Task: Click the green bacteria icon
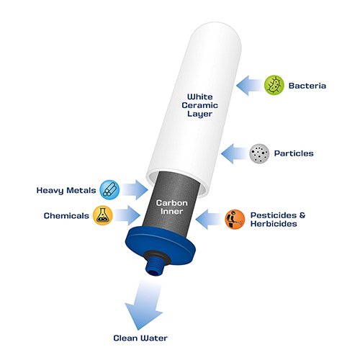click(274, 85)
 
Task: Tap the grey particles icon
click(259, 153)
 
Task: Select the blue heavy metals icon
click(109, 190)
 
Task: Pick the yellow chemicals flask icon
click(103, 215)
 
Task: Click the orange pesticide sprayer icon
click(235, 220)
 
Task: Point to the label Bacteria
click(307, 86)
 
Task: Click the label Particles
click(294, 153)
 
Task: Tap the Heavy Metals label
click(66, 191)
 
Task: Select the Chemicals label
click(66, 215)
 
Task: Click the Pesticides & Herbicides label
click(278, 220)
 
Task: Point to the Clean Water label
click(140, 338)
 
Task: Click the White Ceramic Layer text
click(199, 105)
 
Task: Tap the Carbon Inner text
click(172, 207)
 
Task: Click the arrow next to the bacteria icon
click(250, 86)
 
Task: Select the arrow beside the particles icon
click(235, 153)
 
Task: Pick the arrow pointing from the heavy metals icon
click(135, 189)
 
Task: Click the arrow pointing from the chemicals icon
click(127, 215)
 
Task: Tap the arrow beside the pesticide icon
click(210, 219)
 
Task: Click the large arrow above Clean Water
click(145, 305)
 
